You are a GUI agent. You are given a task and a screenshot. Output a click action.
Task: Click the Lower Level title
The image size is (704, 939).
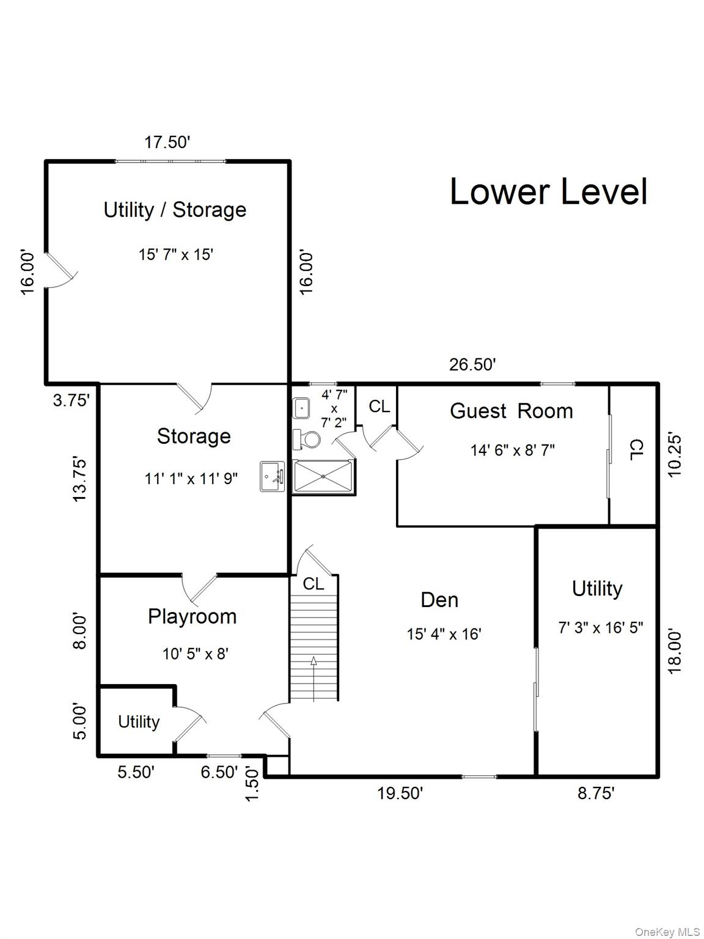pos(549,191)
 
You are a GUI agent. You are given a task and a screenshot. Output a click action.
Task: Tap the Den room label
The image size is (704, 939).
pos(439,600)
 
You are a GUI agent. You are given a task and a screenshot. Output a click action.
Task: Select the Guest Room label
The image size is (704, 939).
pos(512,411)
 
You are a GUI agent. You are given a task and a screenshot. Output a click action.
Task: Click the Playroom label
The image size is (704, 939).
pos(193,617)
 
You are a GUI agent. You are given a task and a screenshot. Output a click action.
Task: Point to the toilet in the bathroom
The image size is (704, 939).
pos(307,440)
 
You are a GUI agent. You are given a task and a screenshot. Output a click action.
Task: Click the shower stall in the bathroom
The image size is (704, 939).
pos(323,477)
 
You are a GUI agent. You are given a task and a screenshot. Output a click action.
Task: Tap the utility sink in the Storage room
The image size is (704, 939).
pos(273,477)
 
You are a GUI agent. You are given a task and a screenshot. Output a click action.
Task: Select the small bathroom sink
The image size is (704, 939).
pos(301,408)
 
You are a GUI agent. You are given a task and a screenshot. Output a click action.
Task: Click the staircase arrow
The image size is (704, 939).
pos(313,679)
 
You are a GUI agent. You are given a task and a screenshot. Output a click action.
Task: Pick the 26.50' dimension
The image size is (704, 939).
pos(472,364)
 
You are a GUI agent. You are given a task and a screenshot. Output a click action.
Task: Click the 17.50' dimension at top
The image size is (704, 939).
pos(167,142)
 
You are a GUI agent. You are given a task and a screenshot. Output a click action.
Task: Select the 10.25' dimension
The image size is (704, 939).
pos(675,456)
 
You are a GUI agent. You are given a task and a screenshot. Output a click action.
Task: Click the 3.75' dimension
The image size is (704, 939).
pos(71,400)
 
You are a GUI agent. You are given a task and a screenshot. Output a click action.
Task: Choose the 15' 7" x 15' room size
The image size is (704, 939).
pos(176,254)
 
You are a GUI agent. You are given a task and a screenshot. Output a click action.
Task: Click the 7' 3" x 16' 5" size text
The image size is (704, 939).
pos(601,628)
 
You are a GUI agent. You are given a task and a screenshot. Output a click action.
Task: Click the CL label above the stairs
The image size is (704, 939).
pos(313,583)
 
